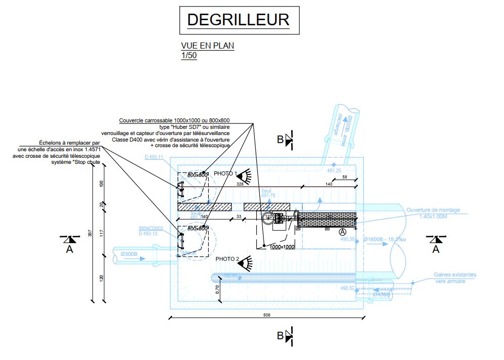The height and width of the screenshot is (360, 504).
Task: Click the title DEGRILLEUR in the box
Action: tap(238, 20)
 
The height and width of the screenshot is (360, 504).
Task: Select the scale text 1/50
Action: tap(189, 56)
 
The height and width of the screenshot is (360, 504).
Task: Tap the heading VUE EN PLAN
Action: tap(207, 46)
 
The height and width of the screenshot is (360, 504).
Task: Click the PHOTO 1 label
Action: tap(225, 173)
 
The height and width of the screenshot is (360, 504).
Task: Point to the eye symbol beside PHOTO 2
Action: tap(246, 262)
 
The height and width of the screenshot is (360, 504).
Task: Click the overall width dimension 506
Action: tap(267, 315)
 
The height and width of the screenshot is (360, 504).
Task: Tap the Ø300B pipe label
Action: tap(129, 254)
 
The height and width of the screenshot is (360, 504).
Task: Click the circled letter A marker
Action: tap(343, 231)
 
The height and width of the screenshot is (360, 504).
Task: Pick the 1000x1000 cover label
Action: tap(282, 247)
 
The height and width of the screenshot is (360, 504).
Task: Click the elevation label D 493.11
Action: tap(154, 157)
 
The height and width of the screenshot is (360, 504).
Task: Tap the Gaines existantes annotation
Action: tap(454, 275)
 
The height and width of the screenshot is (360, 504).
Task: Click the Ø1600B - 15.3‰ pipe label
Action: tap(384, 239)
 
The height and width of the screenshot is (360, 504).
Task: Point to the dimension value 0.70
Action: tap(217, 290)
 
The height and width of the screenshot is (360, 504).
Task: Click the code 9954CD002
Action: tap(150, 228)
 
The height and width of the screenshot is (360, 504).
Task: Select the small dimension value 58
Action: tap(344, 177)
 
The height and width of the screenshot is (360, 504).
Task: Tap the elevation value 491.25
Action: tap(334, 171)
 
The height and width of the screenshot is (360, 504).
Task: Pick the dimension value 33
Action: tap(238, 217)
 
